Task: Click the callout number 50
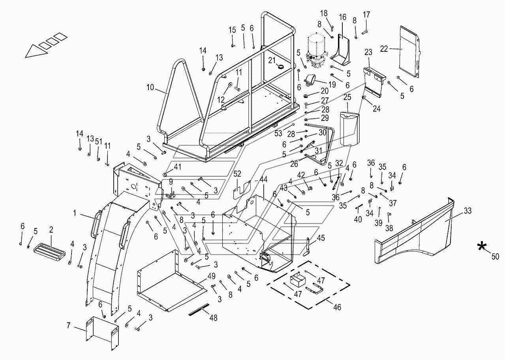click(x=495, y=256)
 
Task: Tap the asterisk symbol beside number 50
click(x=482, y=246)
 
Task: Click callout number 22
click(x=384, y=49)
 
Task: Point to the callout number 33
click(x=467, y=211)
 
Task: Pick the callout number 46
click(x=337, y=307)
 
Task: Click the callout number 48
click(x=213, y=318)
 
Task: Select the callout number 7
click(x=69, y=326)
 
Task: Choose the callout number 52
click(x=237, y=173)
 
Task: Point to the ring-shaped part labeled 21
click(x=280, y=66)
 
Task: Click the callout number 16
click(x=342, y=17)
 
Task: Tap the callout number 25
click(x=347, y=97)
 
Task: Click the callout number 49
click(x=212, y=276)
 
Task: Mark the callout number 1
click(x=75, y=213)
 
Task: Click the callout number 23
click(x=368, y=52)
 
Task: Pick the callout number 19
click(x=332, y=85)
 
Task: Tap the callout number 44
click(x=263, y=179)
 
